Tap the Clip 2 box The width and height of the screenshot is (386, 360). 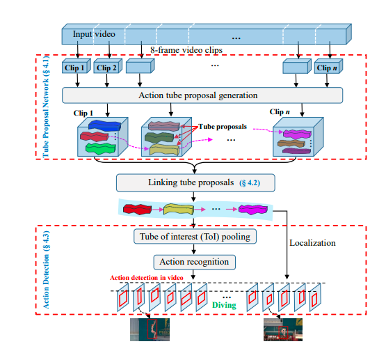coord(106,68)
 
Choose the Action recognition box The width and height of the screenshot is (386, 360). coord(194,262)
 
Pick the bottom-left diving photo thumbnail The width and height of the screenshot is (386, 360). coord(150,329)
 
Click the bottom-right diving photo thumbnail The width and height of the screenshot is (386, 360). coord(283,329)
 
